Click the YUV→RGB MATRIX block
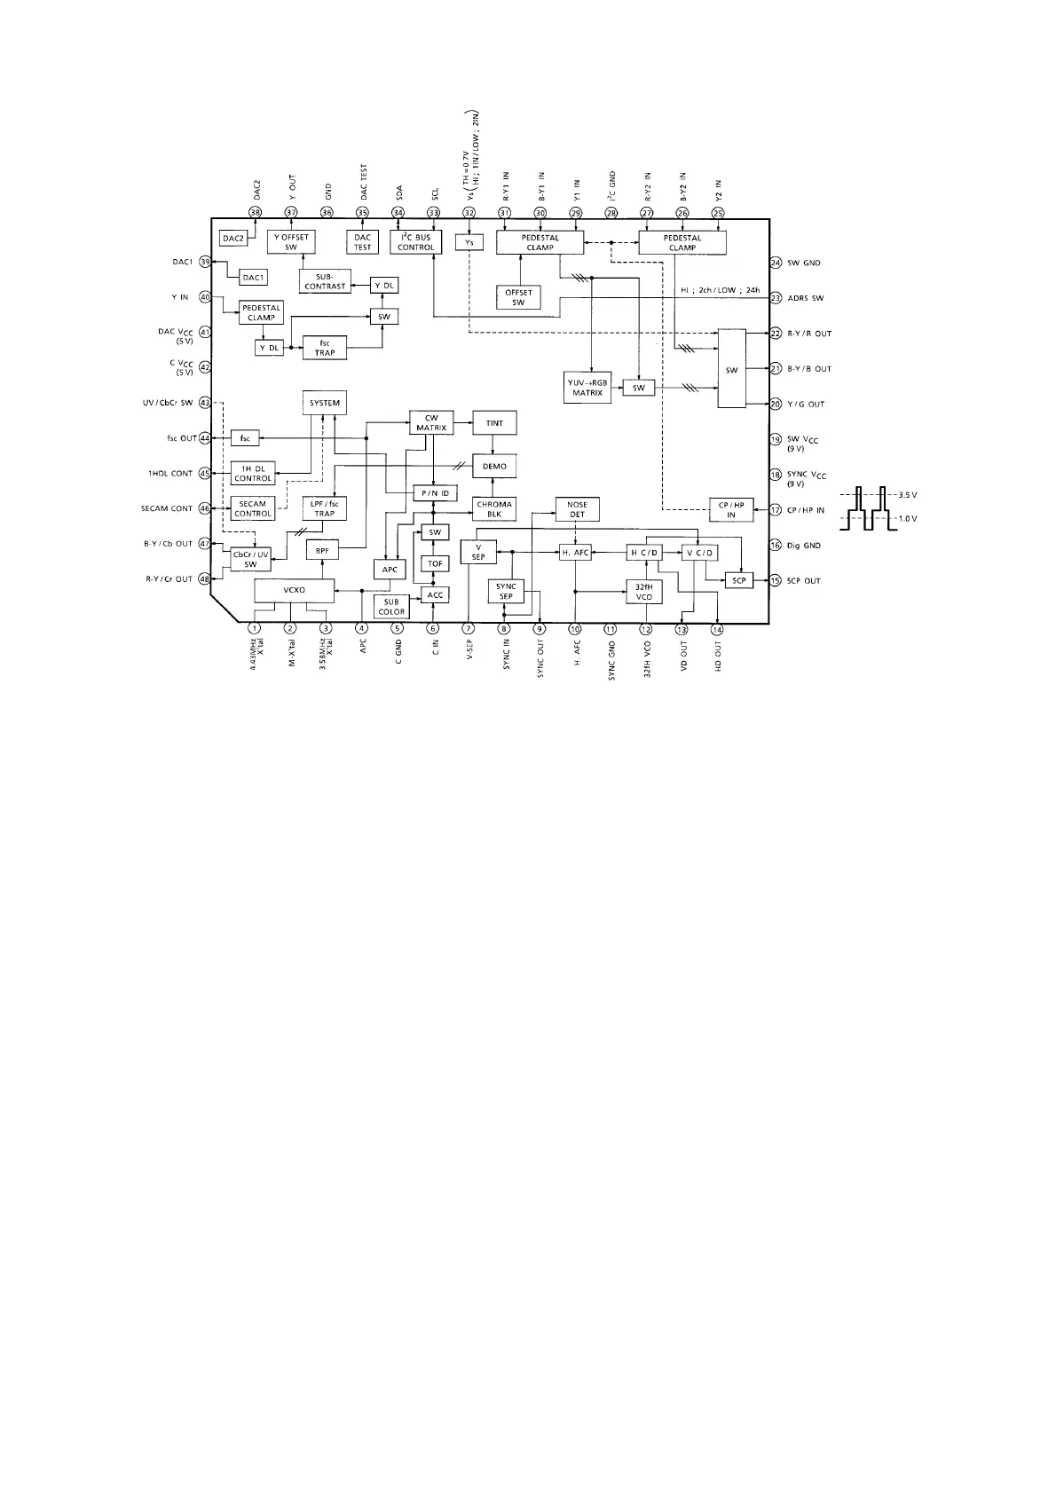point(587,388)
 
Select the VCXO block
point(294,590)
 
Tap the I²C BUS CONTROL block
point(415,242)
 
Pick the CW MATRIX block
point(431,422)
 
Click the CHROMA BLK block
point(494,509)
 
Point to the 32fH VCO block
point(644,592)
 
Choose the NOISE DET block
point(577,509)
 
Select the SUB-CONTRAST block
point(325,282)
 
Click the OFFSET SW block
point(518,297)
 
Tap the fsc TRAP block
point(324,348)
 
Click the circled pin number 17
point(776,510)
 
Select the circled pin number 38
point(256,213)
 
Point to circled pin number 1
point(255,629)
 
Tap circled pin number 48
point(205,579)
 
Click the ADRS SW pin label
point(805,298)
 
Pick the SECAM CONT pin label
point(167,508)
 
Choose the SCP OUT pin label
point(804,581)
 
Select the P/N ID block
point(435,492)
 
